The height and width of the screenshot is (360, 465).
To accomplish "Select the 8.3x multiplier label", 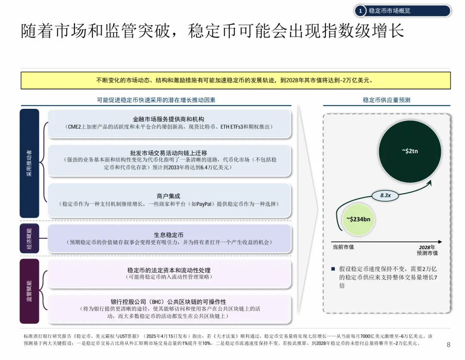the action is [x=385, y=195].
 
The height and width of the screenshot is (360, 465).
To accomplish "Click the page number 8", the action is [x=448, y=344].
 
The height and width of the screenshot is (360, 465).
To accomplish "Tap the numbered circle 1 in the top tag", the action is [x=360, y=11].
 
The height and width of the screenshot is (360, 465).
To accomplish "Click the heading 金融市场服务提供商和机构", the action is [x=169, y=119].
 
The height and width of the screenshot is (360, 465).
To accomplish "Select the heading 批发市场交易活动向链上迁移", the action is [x=169, y=153].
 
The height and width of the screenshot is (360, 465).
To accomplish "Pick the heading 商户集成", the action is [x=169, y=196].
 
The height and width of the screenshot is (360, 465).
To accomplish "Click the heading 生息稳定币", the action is [x=169, y=235].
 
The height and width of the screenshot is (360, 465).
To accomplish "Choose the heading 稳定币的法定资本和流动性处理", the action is [x=169, y=270].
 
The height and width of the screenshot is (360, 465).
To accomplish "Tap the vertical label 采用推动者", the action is [x=29, y=163].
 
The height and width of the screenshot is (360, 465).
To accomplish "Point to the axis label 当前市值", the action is [x=343, y=247].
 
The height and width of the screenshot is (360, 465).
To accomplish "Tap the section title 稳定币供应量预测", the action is [x=386, y=100].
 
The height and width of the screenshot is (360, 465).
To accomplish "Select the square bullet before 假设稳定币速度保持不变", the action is [x=333, y=269].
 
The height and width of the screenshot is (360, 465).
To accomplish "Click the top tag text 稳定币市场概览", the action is [x=390, y=11].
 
